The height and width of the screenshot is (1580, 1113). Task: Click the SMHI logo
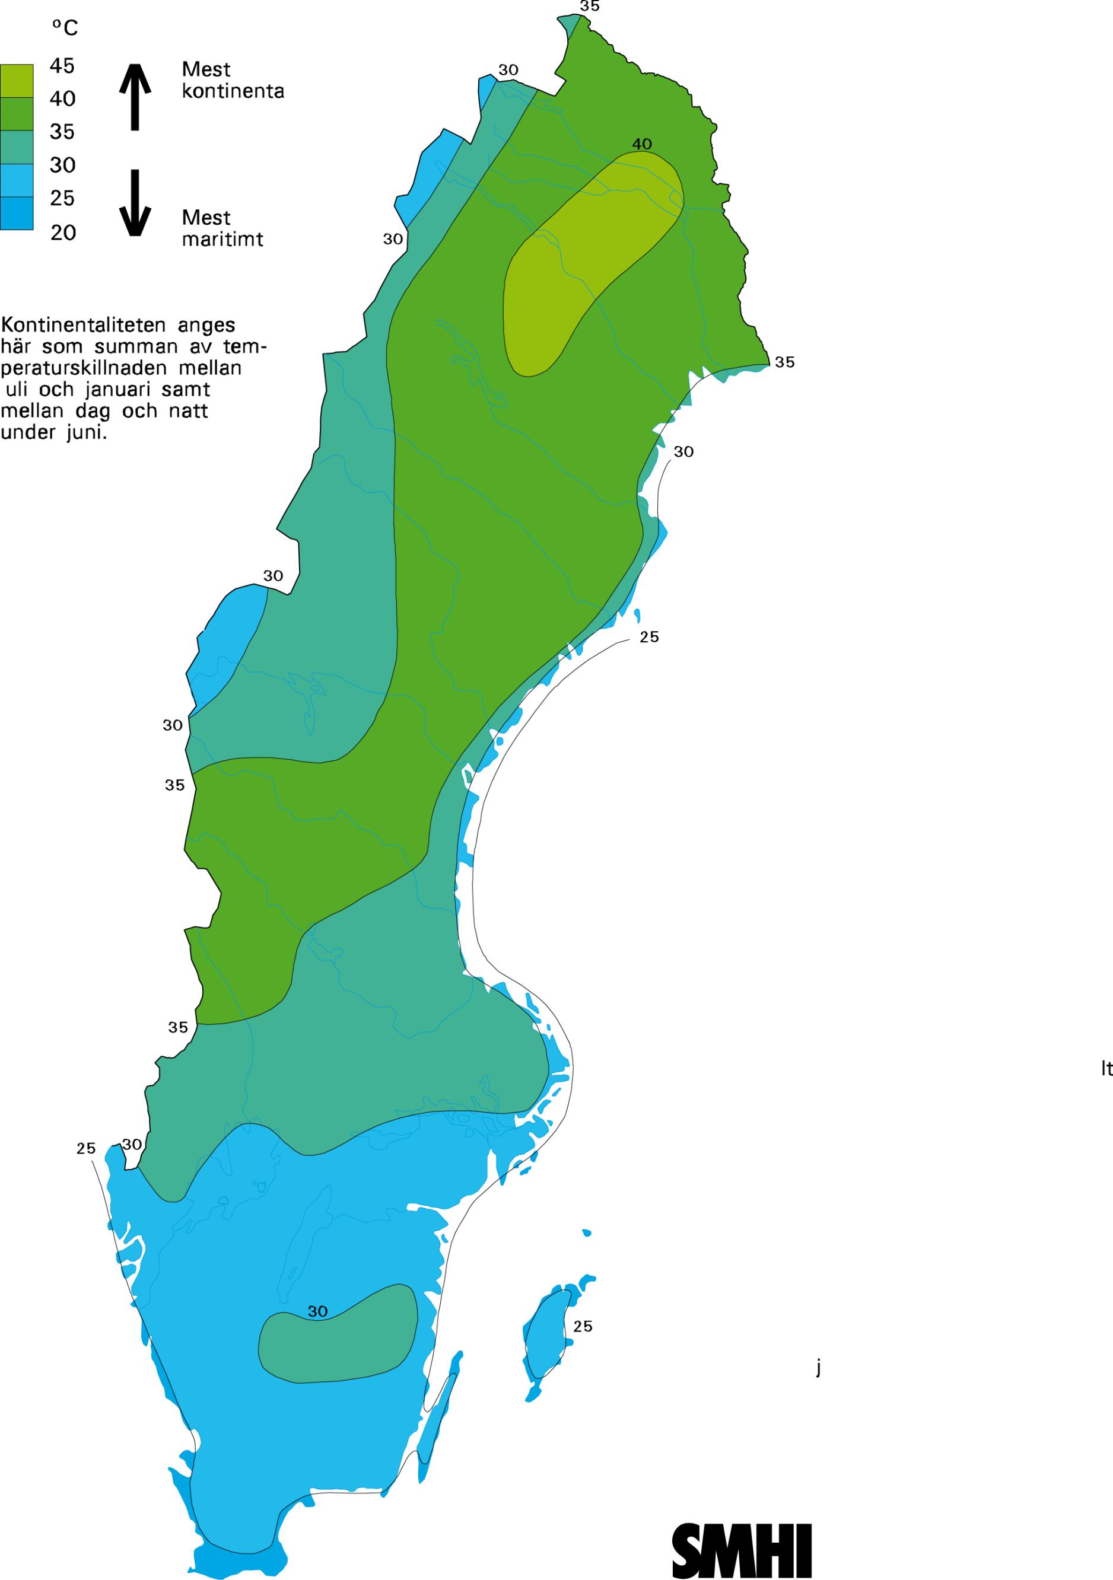pyautogui.click(x=742, y=1541)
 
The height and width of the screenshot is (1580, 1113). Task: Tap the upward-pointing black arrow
pyautogui.click(x=135, y=96)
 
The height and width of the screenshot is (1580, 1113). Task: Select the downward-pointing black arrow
pyautogui.click(x=135, y=202)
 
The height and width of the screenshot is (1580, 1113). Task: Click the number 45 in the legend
pyautogui.click(x=62, y=66)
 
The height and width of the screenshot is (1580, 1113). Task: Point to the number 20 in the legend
pyautogui.click(x=63, y=232)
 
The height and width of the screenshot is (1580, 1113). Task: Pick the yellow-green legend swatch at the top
pyautogui.click(x=17, y=81)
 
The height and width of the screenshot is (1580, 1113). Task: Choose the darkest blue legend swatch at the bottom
pyautogui.click(x=17, y=214)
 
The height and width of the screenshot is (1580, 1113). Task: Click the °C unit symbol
pyautogui.click(x=65, y=27)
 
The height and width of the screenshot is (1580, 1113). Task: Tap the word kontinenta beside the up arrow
pyautogui.click(x=233, y=91)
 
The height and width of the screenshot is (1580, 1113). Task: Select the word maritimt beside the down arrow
pyautogui.click(x=222, y=239)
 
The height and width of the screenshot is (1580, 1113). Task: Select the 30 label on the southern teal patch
pyautogui.click(x=317, y=1330)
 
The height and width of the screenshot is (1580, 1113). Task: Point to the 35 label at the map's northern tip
pyautogui.click(x=589, y=6)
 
